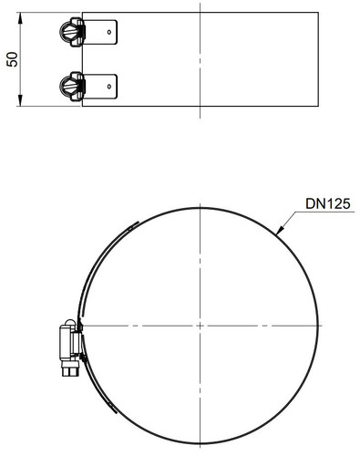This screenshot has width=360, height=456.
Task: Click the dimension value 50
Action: pyautogui.click(x=13, y=59)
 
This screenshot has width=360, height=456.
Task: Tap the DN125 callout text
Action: pyautogui.click(x=328, y=203)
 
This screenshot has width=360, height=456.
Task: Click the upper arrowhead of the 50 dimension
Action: pyautogui.click(x=20, y=18)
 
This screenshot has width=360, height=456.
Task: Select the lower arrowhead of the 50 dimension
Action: pyautogui.click(x=20, y=100)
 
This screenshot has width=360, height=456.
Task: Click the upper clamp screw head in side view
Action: pyautogui.click(x=67, y=32)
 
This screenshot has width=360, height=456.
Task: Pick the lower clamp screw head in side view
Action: pyautogui.click(x=67, y=86)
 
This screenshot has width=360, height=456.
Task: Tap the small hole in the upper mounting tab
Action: pyautogui.click(x=109, y=32)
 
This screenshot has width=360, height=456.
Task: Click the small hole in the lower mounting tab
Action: pyautogui.click(x=109, y=87)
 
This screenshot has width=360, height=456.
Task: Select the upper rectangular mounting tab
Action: pyautogui.click(x=99, y=32)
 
